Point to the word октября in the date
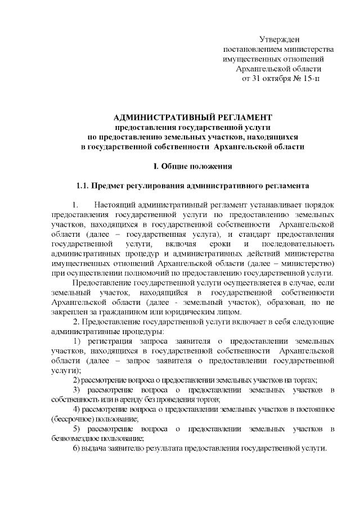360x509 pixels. click(273, 79)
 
